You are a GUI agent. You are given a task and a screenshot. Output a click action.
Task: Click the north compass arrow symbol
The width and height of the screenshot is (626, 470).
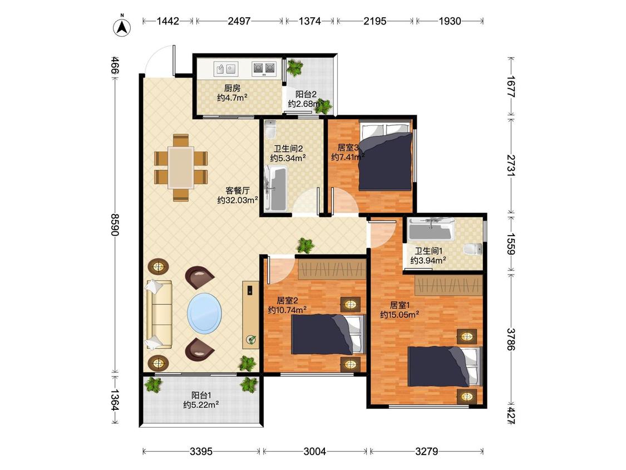tap(122, 27)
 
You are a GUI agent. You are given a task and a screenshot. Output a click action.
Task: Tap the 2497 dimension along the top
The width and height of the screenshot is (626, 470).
tap(239, 21)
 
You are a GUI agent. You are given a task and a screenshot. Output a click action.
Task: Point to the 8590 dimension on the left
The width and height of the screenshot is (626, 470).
tap(115, 224)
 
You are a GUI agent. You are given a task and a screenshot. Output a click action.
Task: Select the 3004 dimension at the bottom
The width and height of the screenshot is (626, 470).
tap(314, 452)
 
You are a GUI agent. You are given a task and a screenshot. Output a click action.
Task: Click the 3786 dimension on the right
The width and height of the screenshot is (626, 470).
tap(511, 339)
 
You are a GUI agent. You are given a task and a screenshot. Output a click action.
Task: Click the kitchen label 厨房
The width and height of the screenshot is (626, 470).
tap(232, 89)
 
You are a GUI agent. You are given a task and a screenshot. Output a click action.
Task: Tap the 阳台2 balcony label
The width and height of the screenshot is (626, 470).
tap(306, 95)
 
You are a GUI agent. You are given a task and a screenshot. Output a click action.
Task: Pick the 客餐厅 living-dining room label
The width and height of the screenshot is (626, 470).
tap(238, 190)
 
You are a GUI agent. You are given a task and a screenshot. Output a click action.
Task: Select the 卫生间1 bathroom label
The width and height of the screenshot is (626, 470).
tap(428, 251)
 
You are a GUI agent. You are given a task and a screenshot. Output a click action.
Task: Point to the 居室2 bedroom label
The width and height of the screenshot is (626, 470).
tap(288, 301)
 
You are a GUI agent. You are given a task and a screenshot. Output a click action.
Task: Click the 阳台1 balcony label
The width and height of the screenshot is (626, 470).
tap(201, 395)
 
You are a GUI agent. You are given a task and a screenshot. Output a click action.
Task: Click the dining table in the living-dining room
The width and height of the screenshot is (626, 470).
tap(181, 168)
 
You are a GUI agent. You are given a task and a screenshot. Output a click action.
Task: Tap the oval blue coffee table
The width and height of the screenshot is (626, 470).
tap(204, 313)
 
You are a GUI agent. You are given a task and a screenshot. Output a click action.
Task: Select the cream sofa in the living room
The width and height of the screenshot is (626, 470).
tap(159, 315)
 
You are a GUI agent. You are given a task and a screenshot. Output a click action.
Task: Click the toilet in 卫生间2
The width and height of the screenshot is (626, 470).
tap(270, 129)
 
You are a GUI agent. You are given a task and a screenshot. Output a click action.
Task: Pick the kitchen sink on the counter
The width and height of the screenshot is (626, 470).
tap(225, 68)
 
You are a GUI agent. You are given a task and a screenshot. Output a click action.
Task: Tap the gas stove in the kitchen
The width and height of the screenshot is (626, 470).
tap(264, 68)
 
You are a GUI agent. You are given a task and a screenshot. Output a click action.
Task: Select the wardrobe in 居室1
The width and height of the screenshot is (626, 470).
tap(448, 285)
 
